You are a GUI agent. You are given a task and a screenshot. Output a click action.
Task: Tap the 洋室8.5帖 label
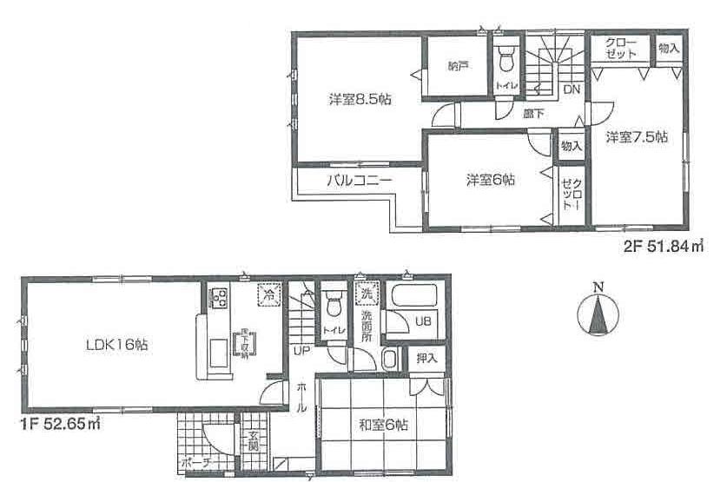click(360, 100)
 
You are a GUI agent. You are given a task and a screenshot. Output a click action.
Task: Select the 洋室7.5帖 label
click(637, 136)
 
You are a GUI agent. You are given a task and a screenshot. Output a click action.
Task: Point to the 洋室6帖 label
click(491, 181)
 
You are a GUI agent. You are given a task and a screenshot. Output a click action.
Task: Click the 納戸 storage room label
click(459, 65)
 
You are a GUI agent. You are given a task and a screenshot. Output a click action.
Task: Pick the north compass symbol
click(597, 314)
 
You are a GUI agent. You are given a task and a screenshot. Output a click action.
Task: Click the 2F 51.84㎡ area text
click(662, 248)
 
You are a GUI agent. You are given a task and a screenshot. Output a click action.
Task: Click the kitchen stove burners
click(218, 299)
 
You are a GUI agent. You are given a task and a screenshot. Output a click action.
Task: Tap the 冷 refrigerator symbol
click(269, 294)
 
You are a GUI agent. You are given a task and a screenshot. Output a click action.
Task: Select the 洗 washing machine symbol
click(367, 293)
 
